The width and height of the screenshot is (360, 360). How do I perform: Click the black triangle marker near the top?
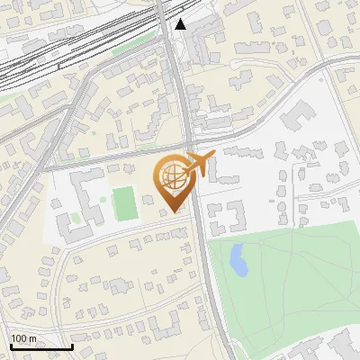pos(181,24)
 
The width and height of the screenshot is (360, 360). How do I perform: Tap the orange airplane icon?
pos(200,164)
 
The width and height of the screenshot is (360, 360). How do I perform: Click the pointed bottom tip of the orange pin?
pos(172,211)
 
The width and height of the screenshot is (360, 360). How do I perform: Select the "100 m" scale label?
pos(24,338)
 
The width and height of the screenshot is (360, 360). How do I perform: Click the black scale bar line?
pos(41,346)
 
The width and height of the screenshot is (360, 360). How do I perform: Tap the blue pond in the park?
pos(238,261)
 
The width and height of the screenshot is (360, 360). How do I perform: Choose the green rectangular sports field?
pos(125,203)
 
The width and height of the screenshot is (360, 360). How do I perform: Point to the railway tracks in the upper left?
pos(54,54)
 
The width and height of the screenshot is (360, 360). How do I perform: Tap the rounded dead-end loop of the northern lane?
pos(236,65)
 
